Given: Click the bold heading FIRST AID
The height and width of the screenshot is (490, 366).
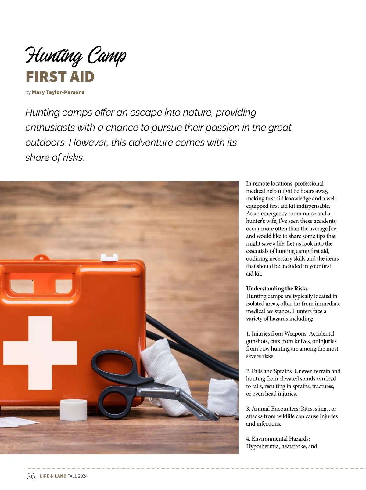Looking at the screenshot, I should pyautogui.click(x=60, y=77).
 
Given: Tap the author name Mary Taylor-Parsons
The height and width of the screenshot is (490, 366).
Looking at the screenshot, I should pyautogui.click(x=58, y=92).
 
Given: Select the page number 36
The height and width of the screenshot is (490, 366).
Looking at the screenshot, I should pyautogui.click(x=31, y=476).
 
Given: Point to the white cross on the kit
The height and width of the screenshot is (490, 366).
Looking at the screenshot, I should pyautogui.click(x=40, y=352).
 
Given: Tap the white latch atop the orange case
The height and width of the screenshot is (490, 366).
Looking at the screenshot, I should pyautogui.click(x=109, y=257).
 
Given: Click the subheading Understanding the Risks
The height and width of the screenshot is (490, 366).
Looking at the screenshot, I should pyautogui.click(x=277, y=289).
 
